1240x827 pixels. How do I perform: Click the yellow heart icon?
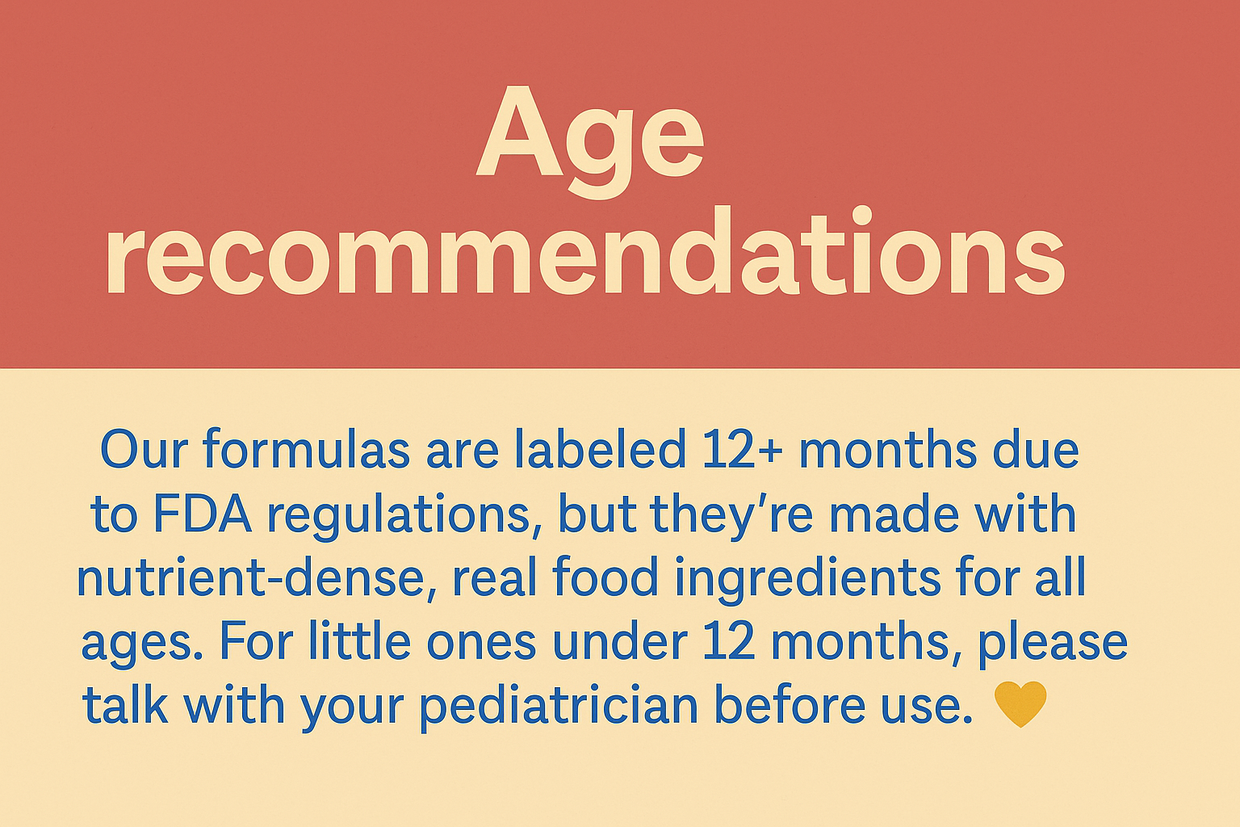click(x=1020, y=704)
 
